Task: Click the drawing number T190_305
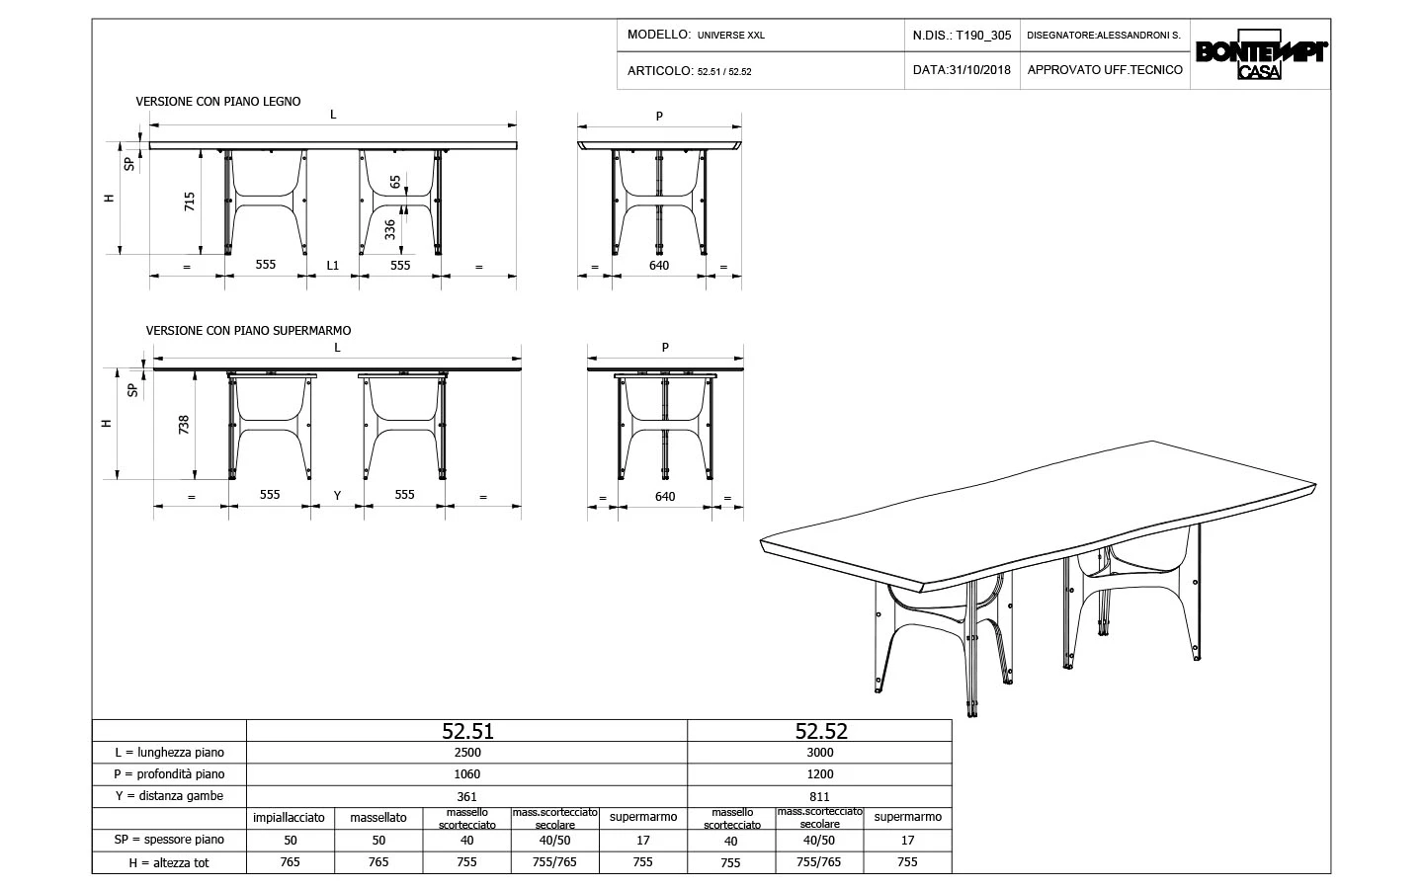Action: click(x=984, y=36)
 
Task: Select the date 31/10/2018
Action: click(x=979, y=70)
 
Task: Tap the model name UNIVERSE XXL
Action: click(x=730, y=36)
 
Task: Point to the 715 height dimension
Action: click(x=190, y=202)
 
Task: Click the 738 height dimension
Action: click(x=184, y=425)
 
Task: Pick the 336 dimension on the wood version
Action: click(x=390, y=229)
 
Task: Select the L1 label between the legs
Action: click(x=333, y=266)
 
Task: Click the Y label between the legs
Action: click(x=337, y=496)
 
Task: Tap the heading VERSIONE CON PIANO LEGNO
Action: click(x=217, y=102)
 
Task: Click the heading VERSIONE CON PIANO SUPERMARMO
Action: click(x=248, y=331)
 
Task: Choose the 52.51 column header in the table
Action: click(x=466, y=731)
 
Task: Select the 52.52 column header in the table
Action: click(x=820, y=731)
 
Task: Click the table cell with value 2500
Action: click(x=466, y=753)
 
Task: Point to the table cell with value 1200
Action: click(x=820, y=774)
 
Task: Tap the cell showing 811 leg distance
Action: click(x=820, y=796)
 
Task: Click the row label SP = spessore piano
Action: click(x=169, y=840)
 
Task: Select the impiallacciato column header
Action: click(x=289, y=818)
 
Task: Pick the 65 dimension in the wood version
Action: click(x=395, y=183)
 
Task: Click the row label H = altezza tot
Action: click(x=169, y=862)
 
